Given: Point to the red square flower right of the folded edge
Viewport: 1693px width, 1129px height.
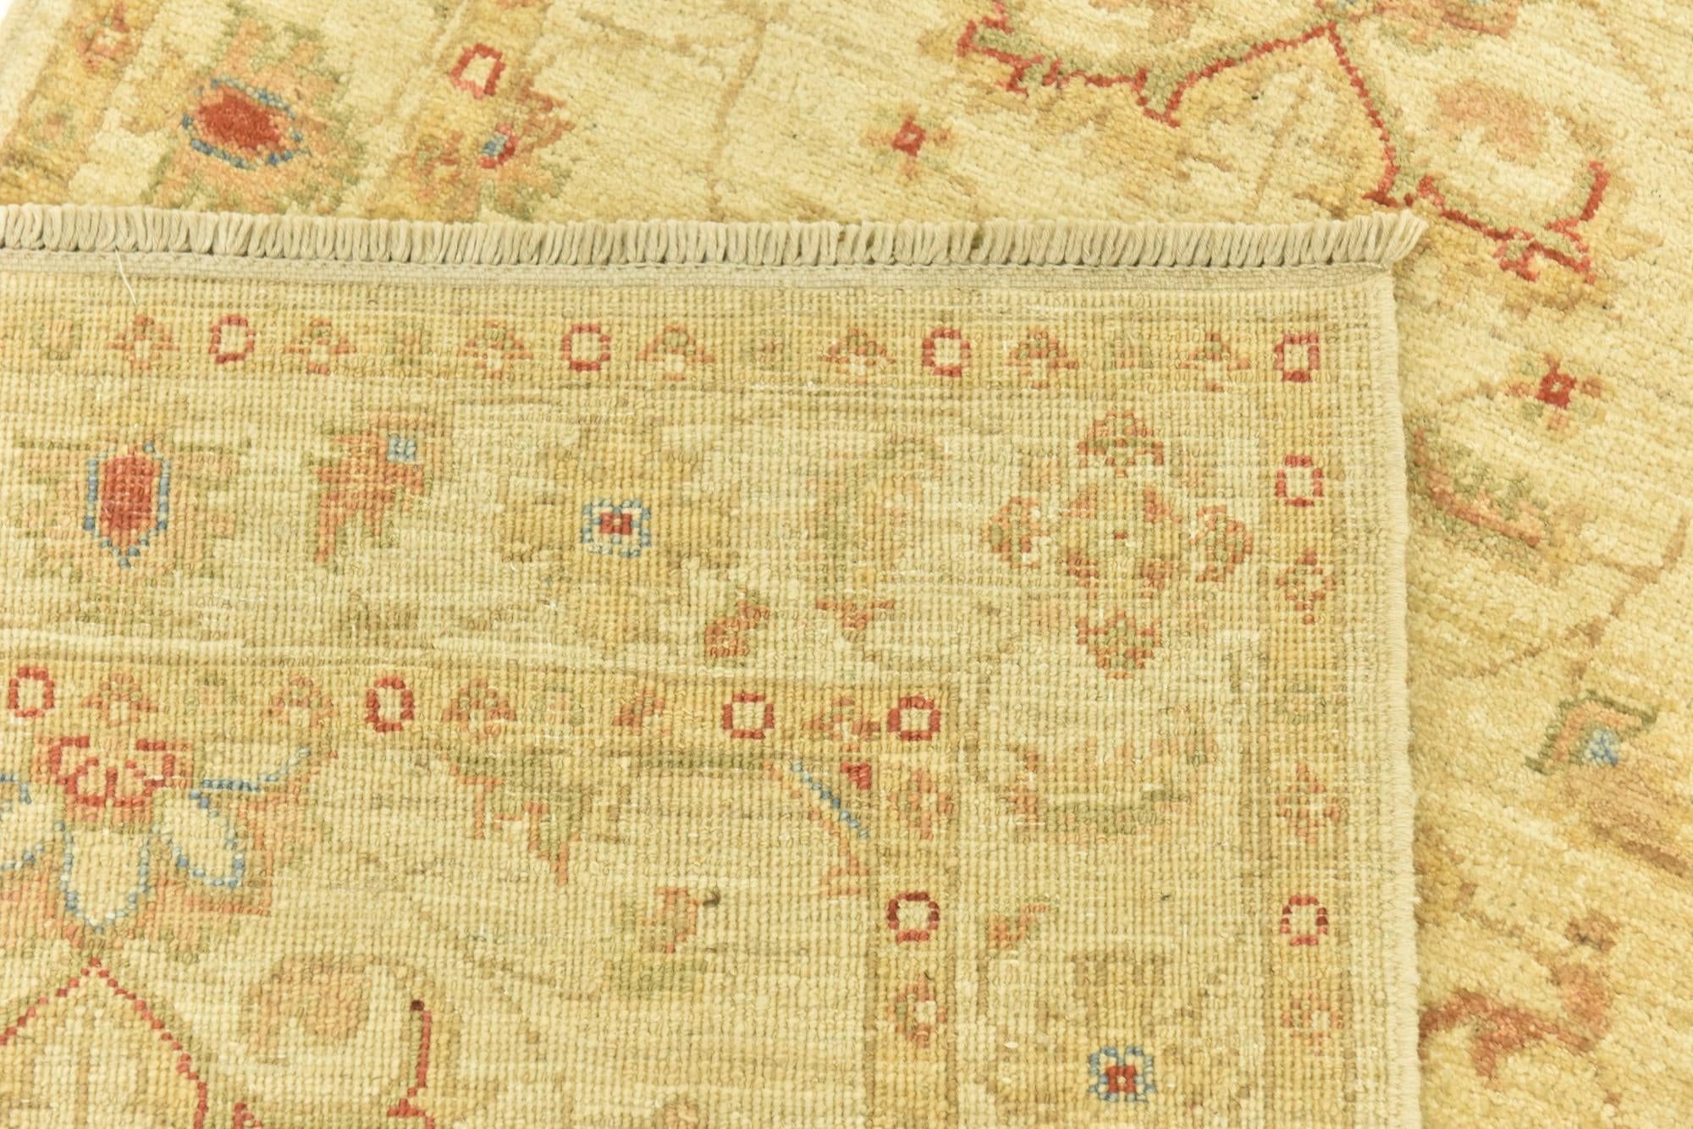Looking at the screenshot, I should tap(1556, 388).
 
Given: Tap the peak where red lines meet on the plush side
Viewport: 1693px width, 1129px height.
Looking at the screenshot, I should tap(1331, 30).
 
